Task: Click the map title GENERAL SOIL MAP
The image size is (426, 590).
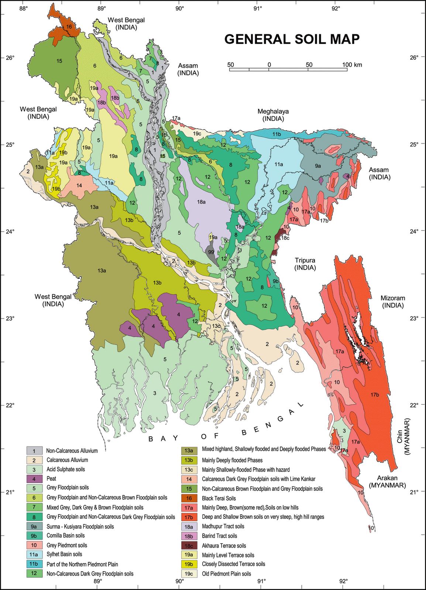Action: (x=292, y=39)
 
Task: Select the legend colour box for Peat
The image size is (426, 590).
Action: (x=34, y=479)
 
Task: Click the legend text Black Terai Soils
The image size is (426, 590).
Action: (x=219, y=498)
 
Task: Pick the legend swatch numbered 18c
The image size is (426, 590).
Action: (x=189, y=545)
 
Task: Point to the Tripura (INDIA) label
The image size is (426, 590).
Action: (x=305, y=264)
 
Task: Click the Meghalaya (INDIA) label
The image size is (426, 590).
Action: (x=273, y=115)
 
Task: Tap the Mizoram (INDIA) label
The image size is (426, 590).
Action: (x=393, y=302)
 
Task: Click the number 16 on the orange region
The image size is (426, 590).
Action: (x=69, y=27)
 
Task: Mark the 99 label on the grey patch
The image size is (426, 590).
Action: (x=211, y=252)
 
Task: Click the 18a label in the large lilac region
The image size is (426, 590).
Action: (x=201, y=202)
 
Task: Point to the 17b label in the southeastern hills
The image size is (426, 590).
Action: (x=375, y=395)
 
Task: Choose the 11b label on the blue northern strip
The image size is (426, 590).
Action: (x=276, y=134)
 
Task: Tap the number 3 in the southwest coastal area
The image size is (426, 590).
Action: (x=155, y=393)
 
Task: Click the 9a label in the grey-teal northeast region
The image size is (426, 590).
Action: (x=318, y=166)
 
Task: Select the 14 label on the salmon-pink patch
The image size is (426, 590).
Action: (x=79, y=185)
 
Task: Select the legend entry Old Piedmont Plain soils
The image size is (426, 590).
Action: (x=226, y=574)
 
